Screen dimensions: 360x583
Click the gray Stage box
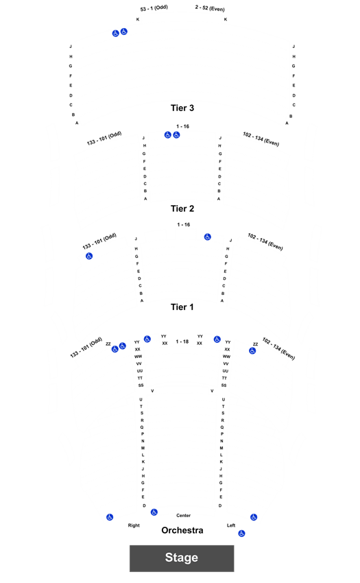click(x=182, y=558)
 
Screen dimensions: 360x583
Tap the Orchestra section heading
click(x=182, y=530)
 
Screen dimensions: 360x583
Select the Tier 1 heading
click(x=182, y=307)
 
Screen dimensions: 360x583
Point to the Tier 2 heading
click(x=182, y=209)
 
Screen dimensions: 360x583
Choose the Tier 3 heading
click(x=182, y=108)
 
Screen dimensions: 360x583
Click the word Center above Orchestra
click(x=183, y=515)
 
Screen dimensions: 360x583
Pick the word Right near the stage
click(x=134, y=525)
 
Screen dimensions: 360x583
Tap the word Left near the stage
click(x=231, y=525)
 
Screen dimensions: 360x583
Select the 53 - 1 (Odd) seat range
click(x=154, y=8)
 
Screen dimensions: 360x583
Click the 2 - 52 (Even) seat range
click(x=210, y=8)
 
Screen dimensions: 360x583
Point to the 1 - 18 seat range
click(x=182, y=342)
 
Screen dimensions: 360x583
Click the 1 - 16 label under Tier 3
click(x=182, y=126)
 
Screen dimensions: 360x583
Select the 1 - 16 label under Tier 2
click(x=183, y=224)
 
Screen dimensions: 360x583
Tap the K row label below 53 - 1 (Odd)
click(x=138, y=19)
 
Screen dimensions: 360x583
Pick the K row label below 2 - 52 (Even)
click(x=226, y=19)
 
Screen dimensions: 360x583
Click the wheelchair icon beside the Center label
click(x=154, y=512)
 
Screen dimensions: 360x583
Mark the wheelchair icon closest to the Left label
click(x=242, y=534)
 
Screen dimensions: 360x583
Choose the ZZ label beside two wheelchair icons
click(x=108, y=344)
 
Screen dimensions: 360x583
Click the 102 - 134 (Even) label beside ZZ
click(x=278, y=348)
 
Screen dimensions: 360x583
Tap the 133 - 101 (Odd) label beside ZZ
click(x=86, y=347)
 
